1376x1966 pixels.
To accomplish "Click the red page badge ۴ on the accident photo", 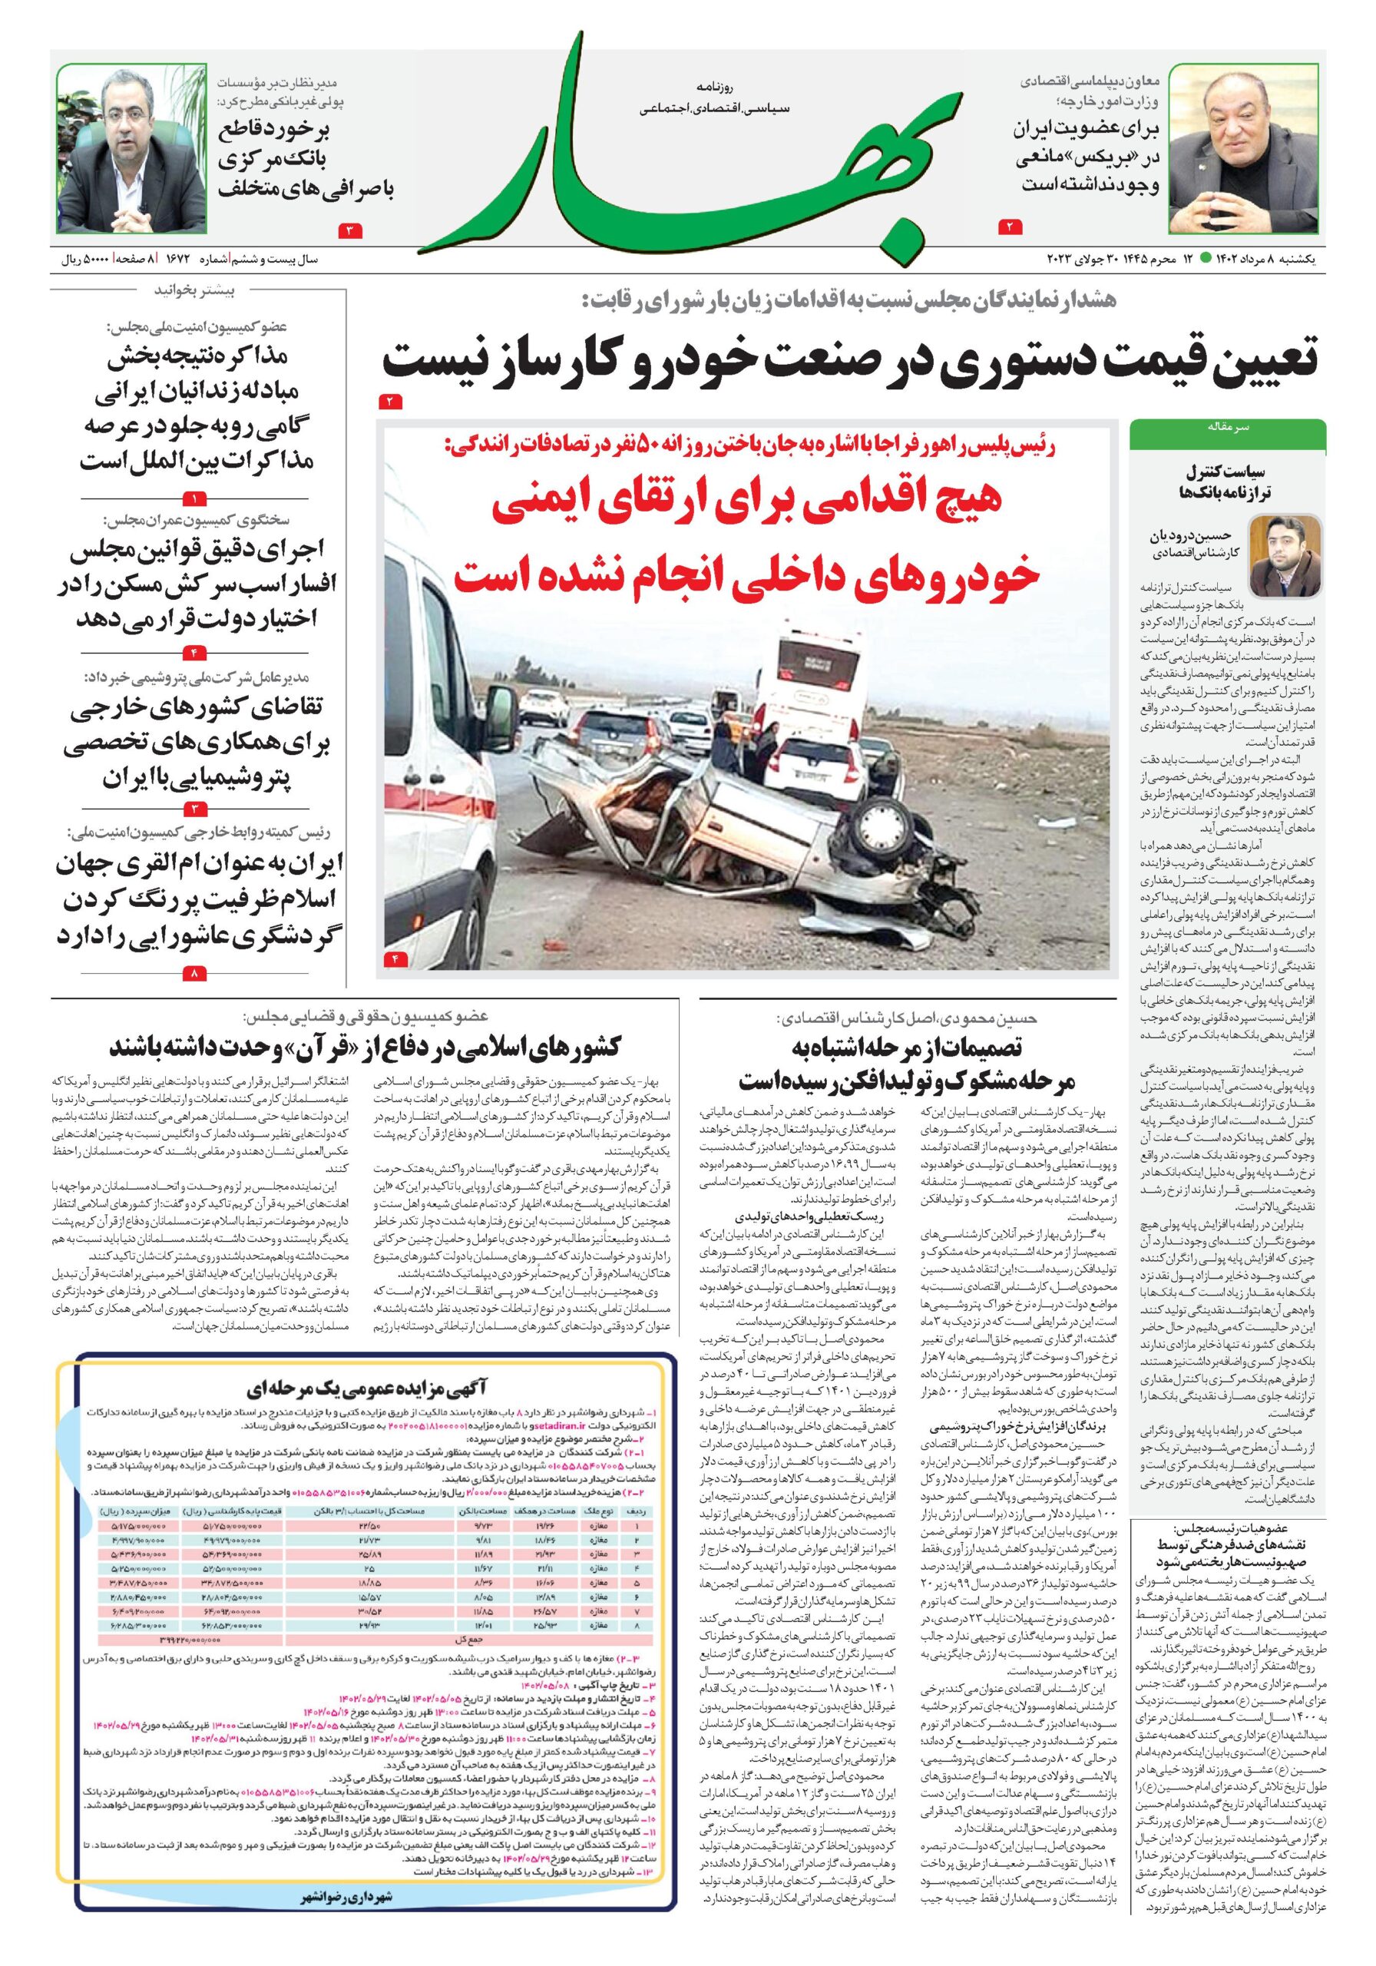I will [x=396, y=958].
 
